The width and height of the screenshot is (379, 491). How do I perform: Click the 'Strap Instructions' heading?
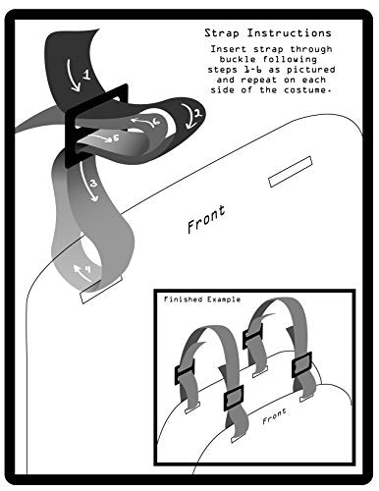coord(268,33)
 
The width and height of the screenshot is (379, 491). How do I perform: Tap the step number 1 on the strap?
coord(86,75)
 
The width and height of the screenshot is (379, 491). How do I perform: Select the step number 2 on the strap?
coord(198,113)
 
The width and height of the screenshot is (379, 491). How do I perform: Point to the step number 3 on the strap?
coord(93,184)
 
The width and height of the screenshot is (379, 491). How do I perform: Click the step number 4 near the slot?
coord(87,269)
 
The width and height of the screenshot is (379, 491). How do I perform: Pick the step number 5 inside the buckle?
coord(116,138)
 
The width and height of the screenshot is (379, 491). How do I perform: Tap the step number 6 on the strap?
coord(156,122)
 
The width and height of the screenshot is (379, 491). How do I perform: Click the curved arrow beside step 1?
coord(73,76)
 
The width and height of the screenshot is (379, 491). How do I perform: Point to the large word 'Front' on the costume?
coord(206,219)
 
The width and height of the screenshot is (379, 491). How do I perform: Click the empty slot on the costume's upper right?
coord(291,172)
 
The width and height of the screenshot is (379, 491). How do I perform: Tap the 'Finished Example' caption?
coord(202,300)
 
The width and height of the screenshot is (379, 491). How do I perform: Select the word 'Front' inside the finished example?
coord(274,415)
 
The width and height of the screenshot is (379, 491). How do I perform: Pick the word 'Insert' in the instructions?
coord(229,49)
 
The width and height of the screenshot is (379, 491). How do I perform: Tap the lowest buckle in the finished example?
coord(234,398)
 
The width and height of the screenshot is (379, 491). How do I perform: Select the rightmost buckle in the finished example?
coord(301,364)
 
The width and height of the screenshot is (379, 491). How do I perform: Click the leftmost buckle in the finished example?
coord(185,371)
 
